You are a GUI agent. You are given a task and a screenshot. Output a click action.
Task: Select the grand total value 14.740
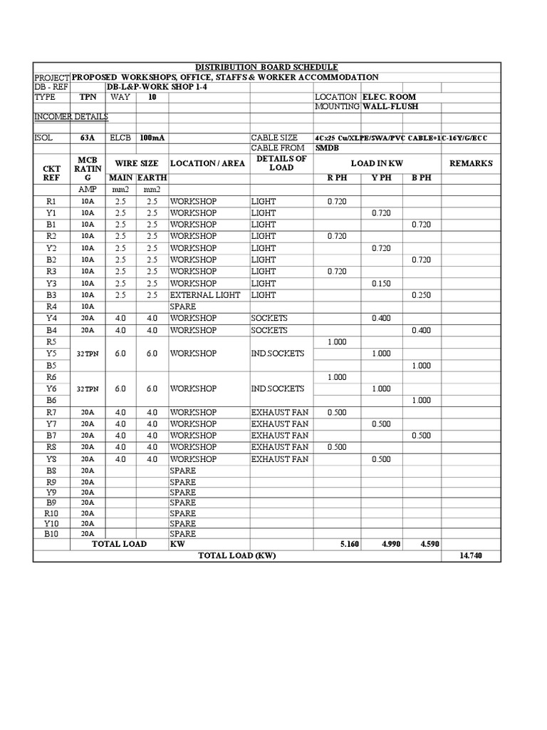tap(471, 556)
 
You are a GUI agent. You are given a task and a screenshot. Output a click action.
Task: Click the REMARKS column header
tap(471, 163)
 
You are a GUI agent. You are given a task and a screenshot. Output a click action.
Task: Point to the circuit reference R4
tap(51, 307)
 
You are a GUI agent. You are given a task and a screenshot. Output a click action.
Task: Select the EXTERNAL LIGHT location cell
tap(205, 294)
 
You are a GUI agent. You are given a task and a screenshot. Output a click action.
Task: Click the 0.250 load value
tap(421, 294)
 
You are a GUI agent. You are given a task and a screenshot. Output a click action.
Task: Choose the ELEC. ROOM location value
tap(390, 96)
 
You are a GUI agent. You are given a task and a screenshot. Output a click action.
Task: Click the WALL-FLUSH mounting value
tap(391, 106)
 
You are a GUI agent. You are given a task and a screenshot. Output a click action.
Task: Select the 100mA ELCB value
tap(149, 138)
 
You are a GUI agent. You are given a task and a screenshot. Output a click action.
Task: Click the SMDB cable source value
tap(328, 148)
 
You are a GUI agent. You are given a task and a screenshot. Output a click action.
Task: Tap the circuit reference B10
tap(51, 533)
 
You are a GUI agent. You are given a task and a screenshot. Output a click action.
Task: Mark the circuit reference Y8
tap(51, 459)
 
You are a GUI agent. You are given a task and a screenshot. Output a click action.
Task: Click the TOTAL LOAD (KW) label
tap(236, 556)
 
